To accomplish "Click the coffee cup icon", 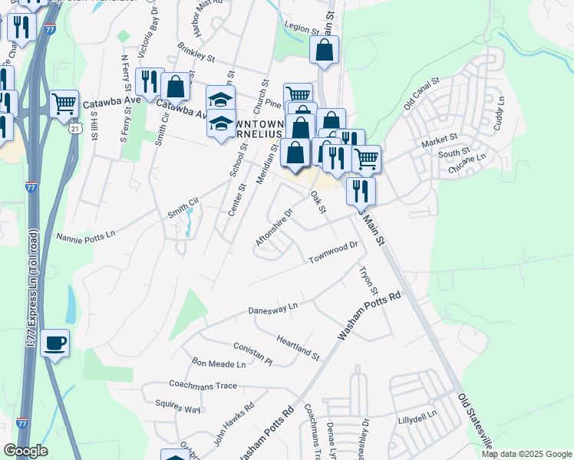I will point(54,343).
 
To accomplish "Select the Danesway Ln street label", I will point(272,308).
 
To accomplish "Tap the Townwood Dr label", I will point(334,253).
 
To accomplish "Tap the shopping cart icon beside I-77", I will point(64,103).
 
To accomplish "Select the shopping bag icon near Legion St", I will point(325,50).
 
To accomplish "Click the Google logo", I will point(25,450).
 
